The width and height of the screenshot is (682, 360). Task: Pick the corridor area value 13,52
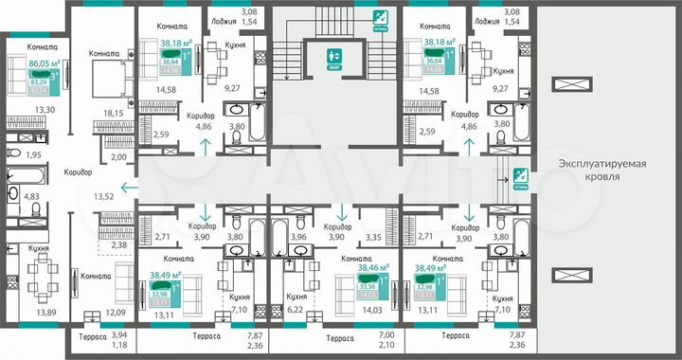[x=79, y=197]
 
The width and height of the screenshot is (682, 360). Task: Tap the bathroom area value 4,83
[x=31, y=196]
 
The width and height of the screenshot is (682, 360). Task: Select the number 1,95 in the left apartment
[x=32, y=154]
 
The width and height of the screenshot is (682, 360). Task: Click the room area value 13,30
[x=45, y=110]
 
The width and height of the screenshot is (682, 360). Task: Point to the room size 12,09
[x=115, y=312]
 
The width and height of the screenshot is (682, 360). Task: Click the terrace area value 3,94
[x=118, y=334]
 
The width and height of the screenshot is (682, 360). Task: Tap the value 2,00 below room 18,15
[x=117, y=159]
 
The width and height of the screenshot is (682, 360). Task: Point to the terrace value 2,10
[x=386, y=348]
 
